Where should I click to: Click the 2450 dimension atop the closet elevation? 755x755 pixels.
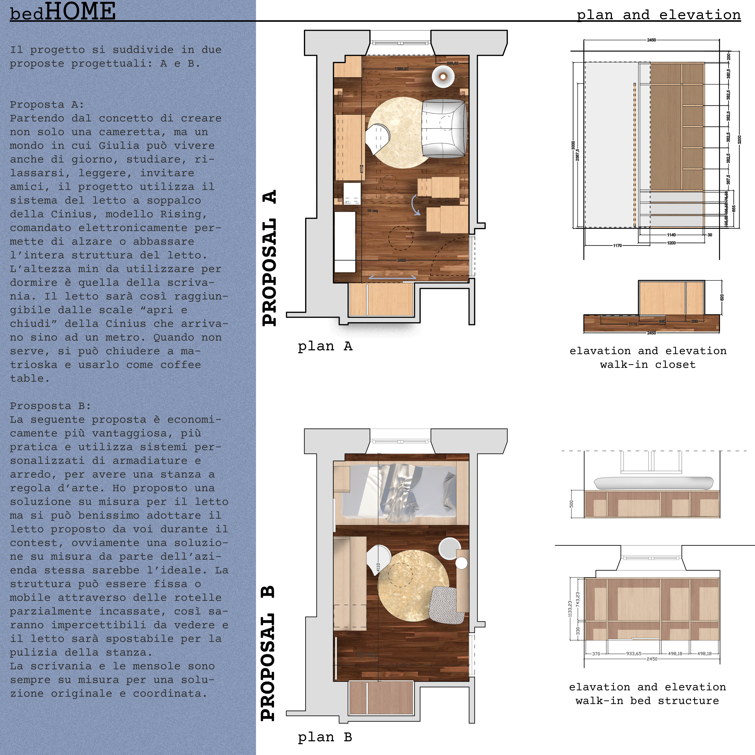click(x=652, y=40)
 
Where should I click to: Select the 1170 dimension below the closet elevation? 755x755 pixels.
click(x=617, y=245)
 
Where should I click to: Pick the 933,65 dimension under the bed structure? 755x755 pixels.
click(x=633, y=653)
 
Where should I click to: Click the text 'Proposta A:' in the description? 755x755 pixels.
click(x=47, y=105)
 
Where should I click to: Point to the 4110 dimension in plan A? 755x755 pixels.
click(x=362, y=169)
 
